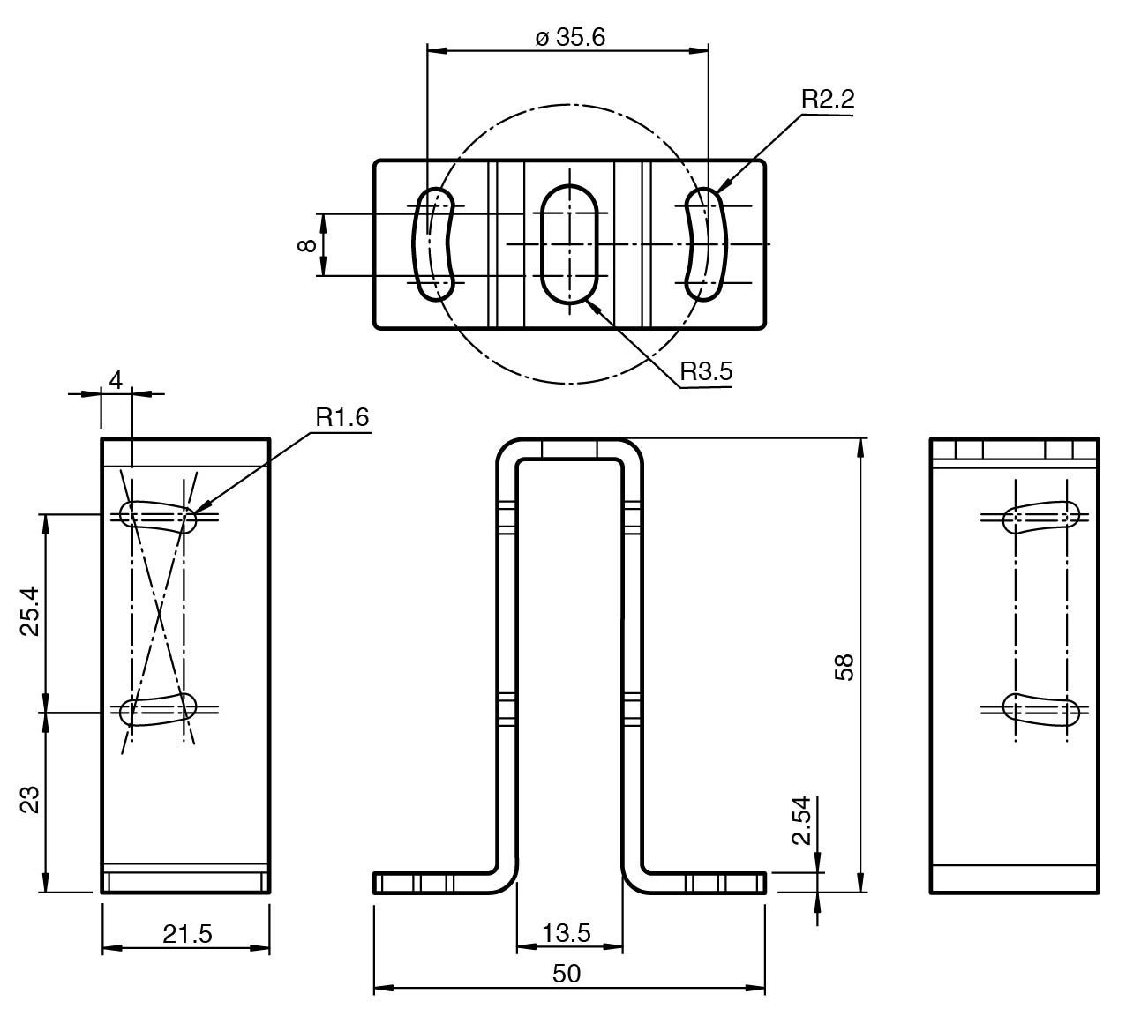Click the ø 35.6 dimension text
click(x=570, y=37)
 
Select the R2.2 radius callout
click(x=828, y=99)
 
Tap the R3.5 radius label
click(x=706, y=371)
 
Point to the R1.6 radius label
click(x=342, y=416)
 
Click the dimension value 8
click(x=307, y=245)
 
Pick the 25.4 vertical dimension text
click(x=30, y=612)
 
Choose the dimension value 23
click(x=30, y=801)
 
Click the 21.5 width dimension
click(x=187, y=933)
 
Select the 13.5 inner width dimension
click(x=567, y=932)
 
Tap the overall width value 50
click(x=567, y=973)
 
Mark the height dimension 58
click(x=844, y=667)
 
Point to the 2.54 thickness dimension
click(x=801, y=820)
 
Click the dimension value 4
click(x=116, y=379)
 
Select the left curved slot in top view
click(x=434, y=244)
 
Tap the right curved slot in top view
click(x=708, y=244)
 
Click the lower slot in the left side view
click(x=159, y=709)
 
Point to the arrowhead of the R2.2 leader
click(x=722, y=189)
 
